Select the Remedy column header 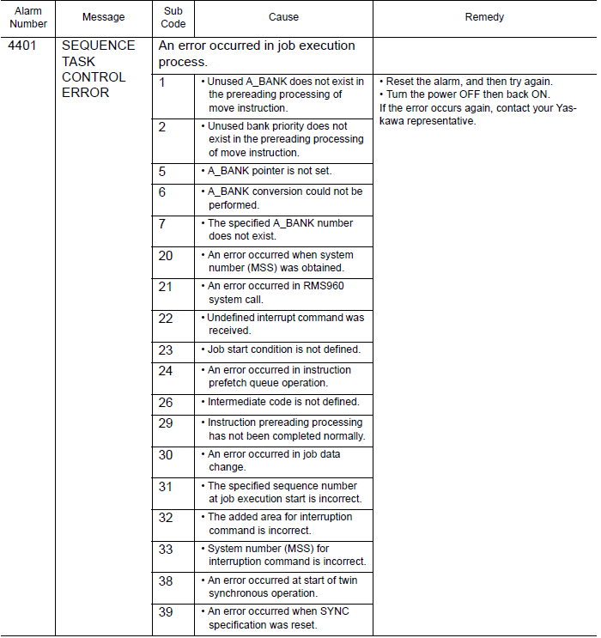point(485,17)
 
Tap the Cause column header point(283,17)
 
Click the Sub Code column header point(173,17)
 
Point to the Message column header point(103,17)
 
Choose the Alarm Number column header point(27,17)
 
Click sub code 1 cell point(162,82)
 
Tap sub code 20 point(165,255)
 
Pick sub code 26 point(165,402)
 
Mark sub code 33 point(165,549)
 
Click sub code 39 point(165,611)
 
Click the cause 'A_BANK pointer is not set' point(270,171)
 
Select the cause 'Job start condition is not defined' point(284,349)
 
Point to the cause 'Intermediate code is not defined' point(283,402)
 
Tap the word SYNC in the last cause point(333,611)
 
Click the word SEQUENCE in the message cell point(99,46)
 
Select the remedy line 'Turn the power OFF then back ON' point(468,94)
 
